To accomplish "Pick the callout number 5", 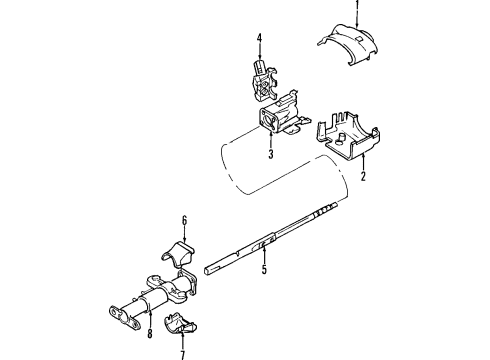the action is [x=264, y=269].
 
